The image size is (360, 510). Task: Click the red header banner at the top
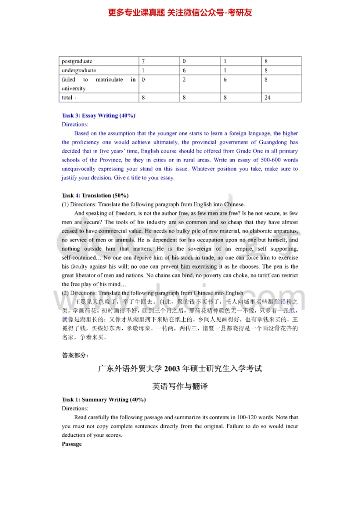[x=180, y=12]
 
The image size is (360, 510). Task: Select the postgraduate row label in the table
[x=77, y=61]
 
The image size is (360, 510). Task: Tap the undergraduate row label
[x=79, y=70]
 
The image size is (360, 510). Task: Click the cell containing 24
[x=267, y=98]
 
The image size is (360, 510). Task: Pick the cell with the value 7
[x=143, y=61]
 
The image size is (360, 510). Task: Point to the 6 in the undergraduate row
[x=184, y=70]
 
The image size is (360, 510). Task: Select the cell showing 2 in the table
[x=184, y=80]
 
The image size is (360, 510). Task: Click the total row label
[x=67, y=98]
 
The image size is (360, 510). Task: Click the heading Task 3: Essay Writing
[x=98, y=115]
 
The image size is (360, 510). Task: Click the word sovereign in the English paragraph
[x=198, y=249]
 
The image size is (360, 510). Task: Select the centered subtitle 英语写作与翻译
[x=180, y=386]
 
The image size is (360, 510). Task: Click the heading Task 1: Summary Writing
[x=104, y=400]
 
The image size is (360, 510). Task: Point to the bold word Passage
[x=72, y=444]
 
